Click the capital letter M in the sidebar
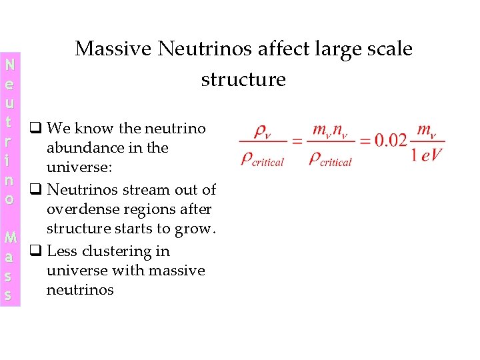(9, 238)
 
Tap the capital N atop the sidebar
(9, 65)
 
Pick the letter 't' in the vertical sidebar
(9, 123)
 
